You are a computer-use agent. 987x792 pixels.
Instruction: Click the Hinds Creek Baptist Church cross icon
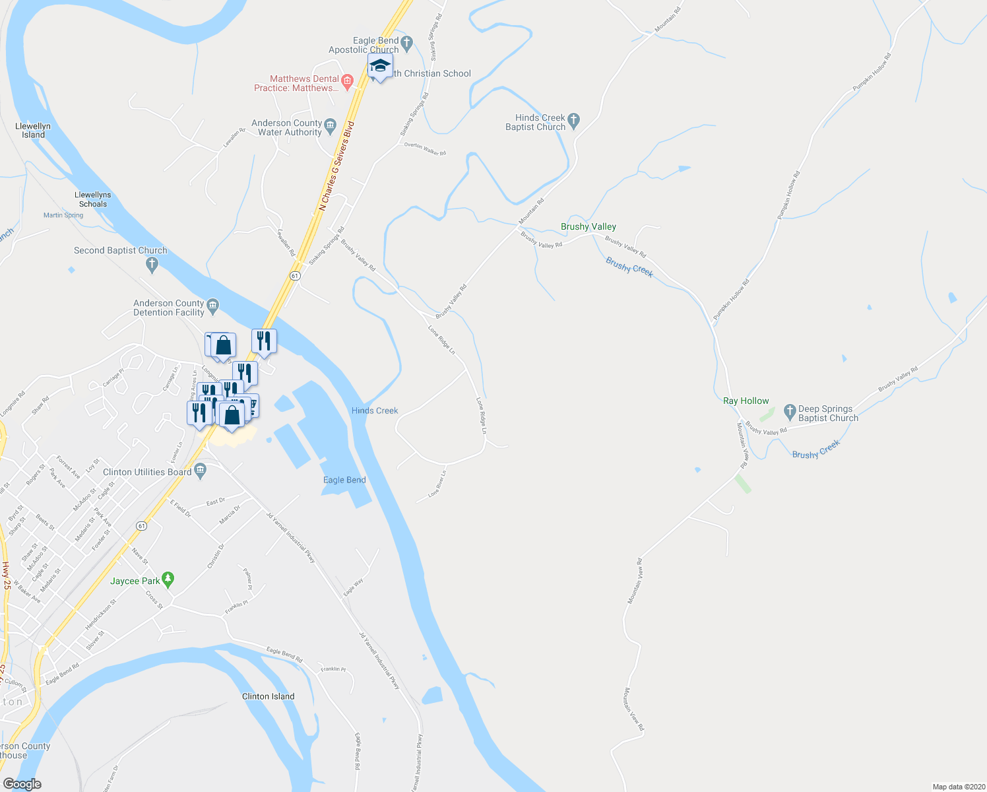[x=573, y=120]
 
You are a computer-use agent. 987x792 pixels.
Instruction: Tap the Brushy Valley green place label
[x=588, y=226]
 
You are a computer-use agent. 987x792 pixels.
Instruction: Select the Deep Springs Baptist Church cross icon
[x=790, y=412]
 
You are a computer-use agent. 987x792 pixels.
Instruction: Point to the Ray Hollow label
[x=746, y=401]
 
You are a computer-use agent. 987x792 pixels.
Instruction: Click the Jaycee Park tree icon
[x=168, y=579]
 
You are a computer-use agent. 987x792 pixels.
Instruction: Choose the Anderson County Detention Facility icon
[x=212, y=305]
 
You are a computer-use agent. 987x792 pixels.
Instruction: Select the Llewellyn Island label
[x=33, y=130]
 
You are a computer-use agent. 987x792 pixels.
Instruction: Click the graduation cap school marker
[x=380, y=66]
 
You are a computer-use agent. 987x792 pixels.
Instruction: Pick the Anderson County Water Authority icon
[x=331, y=125]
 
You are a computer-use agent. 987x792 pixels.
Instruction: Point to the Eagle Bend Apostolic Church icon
[x=406, y=44]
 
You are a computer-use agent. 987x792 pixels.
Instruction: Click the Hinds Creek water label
[x=375, y=411]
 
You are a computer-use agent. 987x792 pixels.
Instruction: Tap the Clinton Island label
[x=268, y=696]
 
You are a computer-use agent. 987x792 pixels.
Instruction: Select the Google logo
[x=22, y=783]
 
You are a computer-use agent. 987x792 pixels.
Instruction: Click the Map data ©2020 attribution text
[x=957, y=787]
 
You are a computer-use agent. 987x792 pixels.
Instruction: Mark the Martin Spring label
[x=63, y=215]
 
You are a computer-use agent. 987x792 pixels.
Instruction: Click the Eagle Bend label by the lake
[x=344, y=480]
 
